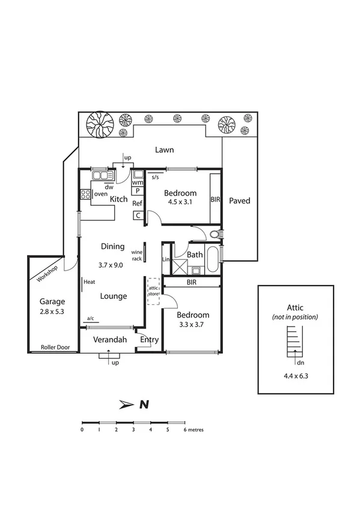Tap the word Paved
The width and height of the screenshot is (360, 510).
(239, 201)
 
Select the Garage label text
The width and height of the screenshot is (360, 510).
(52, 301)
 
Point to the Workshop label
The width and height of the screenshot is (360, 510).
(46, 274)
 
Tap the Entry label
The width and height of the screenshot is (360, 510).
(148, 340)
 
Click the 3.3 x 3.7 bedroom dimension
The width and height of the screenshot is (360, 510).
(192, 325)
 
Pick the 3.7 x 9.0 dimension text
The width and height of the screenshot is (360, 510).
(112, 265)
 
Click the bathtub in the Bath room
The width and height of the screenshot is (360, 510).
(213, 259)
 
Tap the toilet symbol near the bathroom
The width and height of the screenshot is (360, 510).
(215, 235)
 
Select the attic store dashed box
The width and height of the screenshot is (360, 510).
(154, 290)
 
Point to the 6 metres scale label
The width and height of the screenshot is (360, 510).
(193, 430)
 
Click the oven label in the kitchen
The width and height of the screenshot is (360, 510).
(100, 194)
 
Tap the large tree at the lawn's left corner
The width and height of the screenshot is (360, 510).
(99, 125)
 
